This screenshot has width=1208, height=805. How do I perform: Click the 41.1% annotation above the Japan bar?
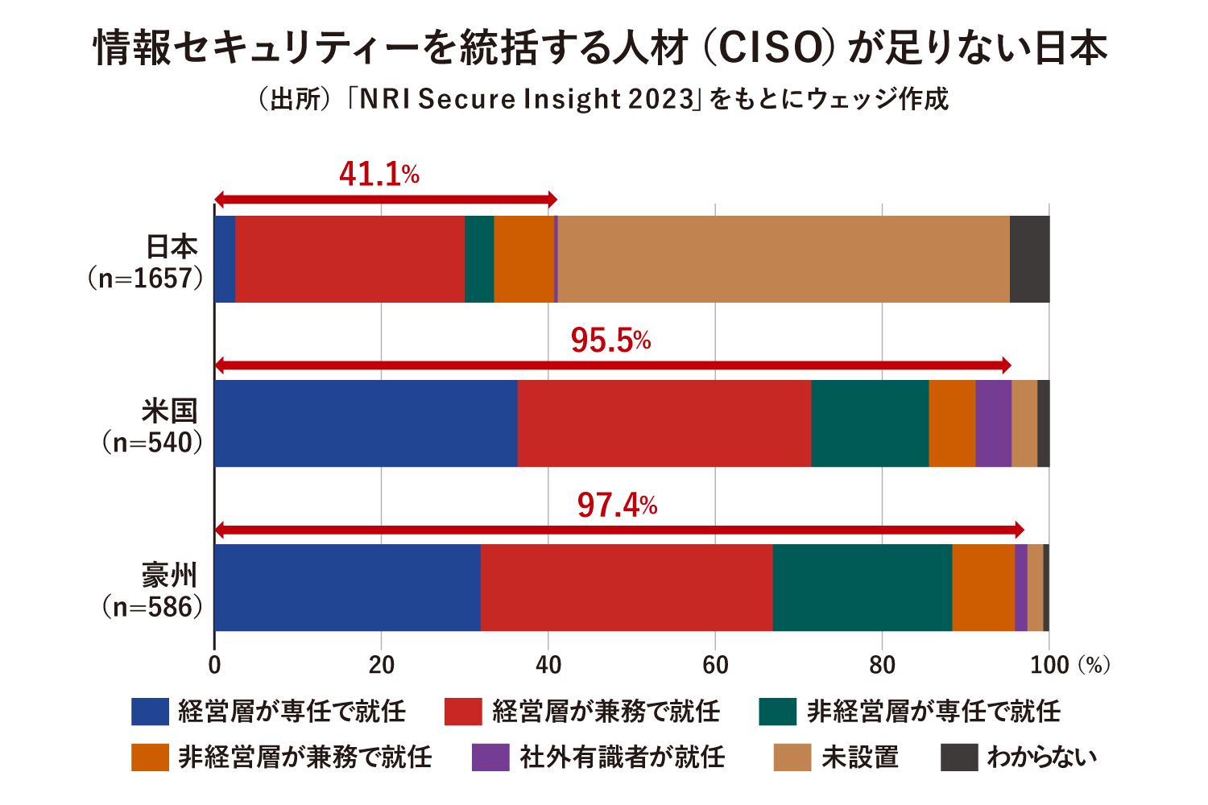click(379, 174)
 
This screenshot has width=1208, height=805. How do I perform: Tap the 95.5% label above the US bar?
click(610, 341)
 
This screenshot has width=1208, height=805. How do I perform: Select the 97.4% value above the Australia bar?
click(617, 506)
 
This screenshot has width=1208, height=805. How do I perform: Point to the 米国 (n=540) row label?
click(153, 427)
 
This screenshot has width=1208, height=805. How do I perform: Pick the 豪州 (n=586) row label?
click(153, 591)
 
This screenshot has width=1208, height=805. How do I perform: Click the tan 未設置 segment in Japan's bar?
click(783, 259)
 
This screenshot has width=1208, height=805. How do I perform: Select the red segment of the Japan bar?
click(350, 259)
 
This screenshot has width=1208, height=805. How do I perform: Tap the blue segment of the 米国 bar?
click(366, 423)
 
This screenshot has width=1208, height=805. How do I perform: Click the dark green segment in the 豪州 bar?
click(862, 588)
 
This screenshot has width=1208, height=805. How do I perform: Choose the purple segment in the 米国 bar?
click(993, 423)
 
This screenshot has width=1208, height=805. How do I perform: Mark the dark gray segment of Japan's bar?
click(1029, 259)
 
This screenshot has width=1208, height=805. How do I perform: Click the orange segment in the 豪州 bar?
click(983, 588)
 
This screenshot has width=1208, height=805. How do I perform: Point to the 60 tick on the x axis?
click(715, 665)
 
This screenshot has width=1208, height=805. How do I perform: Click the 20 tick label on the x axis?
click(382, 665)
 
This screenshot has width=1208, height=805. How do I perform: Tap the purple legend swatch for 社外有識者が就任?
click(490, 758)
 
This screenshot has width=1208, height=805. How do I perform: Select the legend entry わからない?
click(1042, 758)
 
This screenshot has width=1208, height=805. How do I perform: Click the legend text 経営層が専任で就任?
click(292, 712)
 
